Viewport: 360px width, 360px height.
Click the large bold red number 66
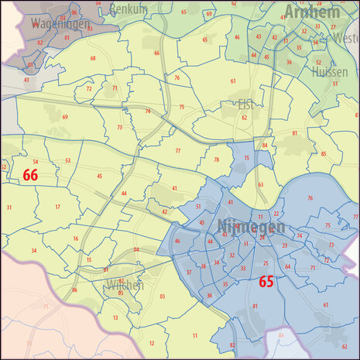click(x=30, y=176)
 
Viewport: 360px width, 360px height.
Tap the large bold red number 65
click(x=266, y=282)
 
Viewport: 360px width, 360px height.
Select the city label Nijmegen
click(x=252, y=228)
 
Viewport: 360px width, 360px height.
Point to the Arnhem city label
click(x=312, y=11)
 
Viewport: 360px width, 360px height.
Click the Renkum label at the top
click(x=129, y=8)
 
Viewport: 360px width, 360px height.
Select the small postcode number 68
click(x=93, y=58)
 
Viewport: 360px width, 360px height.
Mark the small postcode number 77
click(x=177, y=150)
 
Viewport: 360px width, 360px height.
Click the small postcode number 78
click(x=217, y=159)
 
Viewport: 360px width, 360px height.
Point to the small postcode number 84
click(x=265, y=146)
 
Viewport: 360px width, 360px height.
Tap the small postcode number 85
click(x=323, y=153)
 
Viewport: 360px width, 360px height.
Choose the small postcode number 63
click(x=261, y=185)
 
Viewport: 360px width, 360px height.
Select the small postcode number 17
click(x=57, y=207)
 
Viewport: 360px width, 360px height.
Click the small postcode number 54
click(x=36, y=162)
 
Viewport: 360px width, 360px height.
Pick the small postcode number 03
click(x=163, y=297)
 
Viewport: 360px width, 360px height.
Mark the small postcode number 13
click(x=115, y=317)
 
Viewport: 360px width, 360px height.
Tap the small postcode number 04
click(x=136, y=249)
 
